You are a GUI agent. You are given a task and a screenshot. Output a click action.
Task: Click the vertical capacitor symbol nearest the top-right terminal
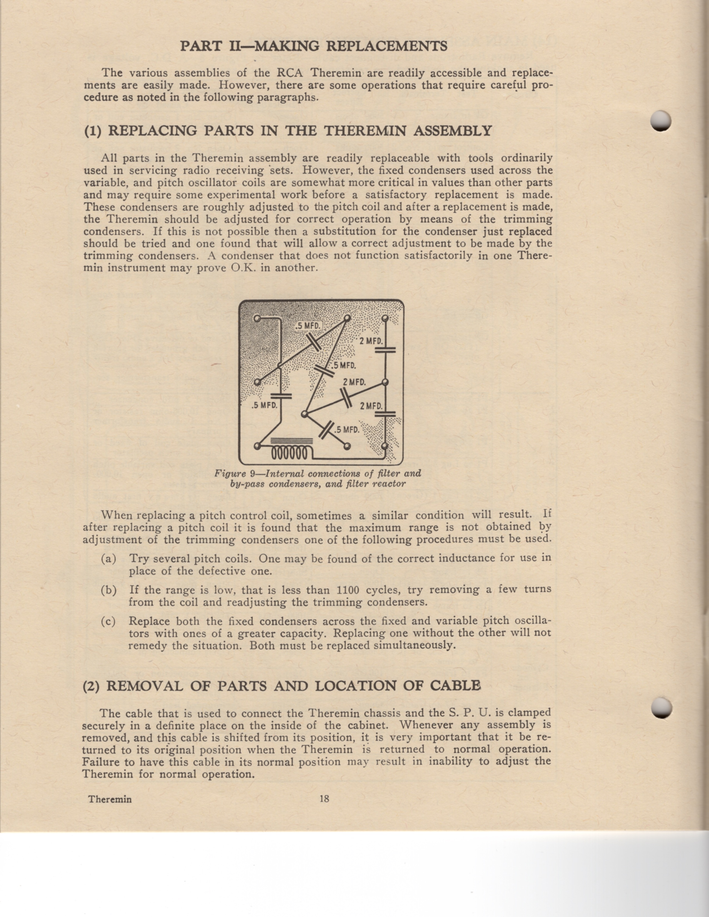pos(385,350)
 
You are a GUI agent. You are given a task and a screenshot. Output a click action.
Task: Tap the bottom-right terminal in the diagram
pos(384,445)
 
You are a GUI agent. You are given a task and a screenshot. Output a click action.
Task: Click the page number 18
pos(324,799)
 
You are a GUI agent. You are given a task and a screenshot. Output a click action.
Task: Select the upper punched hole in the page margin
pos(661,121)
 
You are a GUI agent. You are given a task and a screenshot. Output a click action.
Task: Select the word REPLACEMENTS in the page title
pos(386,46)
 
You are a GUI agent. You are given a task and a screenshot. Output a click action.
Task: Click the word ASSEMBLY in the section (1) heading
pos(452,131)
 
